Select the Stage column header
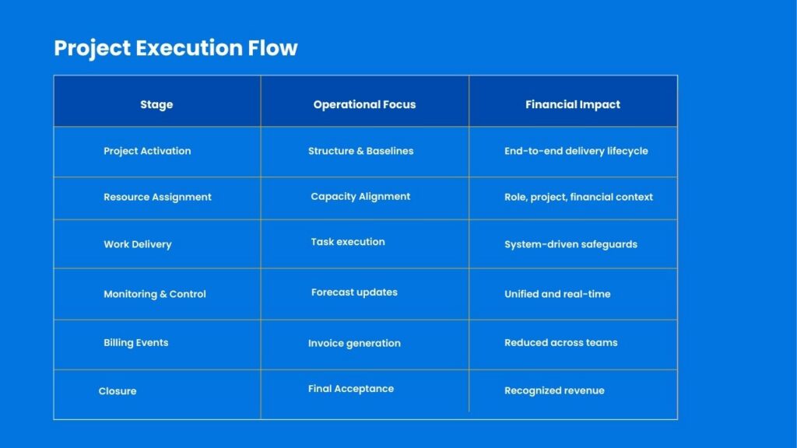click(156, 105)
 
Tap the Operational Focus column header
click(364, 105)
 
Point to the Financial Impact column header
click(573, 105)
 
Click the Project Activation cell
click(147, 151)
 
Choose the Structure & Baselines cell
click(361, 151)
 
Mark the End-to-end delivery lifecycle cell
click(576, 151)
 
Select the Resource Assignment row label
click(157, 197)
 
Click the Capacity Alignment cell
click(360, 197)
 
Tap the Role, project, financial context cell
click(578, 197)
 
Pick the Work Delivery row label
click(138, 244)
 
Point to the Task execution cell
click(348, 242)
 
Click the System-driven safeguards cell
click(571, 244)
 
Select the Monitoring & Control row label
click(155, 294)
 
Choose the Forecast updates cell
click(354, 292)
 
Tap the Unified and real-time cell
click(557, 294)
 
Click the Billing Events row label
click(135, 342)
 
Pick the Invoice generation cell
click(354, 343)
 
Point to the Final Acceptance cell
click(351, 389)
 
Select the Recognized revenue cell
click(554, 390)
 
